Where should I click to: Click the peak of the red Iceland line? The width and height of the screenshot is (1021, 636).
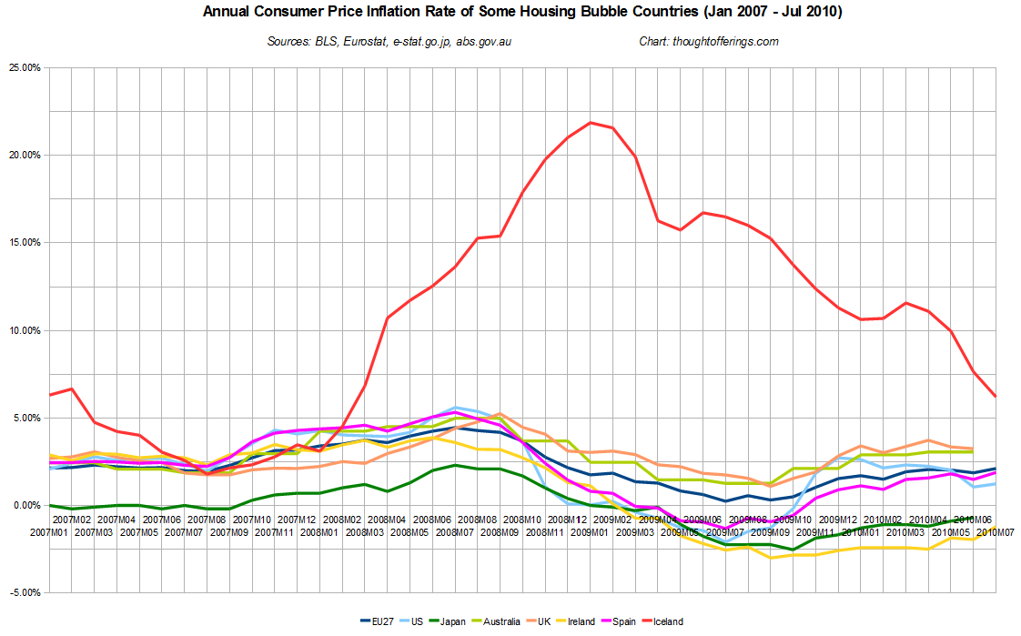coord(591,122)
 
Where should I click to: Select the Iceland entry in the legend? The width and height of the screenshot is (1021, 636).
coord(662,621)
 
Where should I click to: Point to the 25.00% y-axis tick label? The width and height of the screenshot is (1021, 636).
coord(25,68)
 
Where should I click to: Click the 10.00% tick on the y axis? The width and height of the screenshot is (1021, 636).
coord(25,331)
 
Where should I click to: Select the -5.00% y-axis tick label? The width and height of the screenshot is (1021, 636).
coord(25,593)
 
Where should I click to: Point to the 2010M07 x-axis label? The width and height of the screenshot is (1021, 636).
coord(996,530)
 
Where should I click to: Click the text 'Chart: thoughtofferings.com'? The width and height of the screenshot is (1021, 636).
coord(709,42)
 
